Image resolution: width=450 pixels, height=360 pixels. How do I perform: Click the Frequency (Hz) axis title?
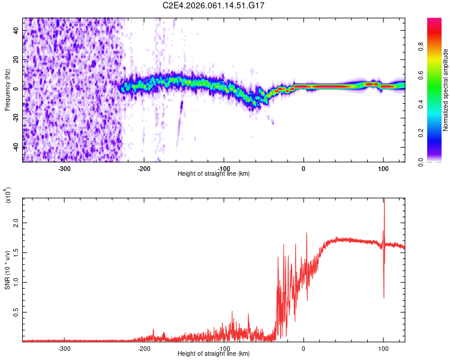tap(7, 90)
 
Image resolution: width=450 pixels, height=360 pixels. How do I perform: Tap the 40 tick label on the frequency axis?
tap(16, 31)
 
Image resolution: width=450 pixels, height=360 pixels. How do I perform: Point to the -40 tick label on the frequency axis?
tap(16, 146)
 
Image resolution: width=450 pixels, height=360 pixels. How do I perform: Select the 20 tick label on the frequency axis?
tap(16, 59)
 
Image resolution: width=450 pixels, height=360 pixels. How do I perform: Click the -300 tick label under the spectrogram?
tap(64, 167)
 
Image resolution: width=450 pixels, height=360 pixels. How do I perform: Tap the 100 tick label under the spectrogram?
tap(383, 167)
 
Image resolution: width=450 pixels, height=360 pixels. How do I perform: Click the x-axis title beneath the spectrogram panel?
tap(214, 174)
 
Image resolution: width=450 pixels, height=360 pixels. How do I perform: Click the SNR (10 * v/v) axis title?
tap(7, 268)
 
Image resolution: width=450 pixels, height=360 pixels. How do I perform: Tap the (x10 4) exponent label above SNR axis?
tap(8, 195)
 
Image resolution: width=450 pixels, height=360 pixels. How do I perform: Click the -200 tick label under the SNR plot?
tap(144, 348)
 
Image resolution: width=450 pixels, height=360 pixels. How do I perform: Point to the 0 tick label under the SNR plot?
tap(304, 348)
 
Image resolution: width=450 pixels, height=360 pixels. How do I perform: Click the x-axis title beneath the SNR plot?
tap(214, 354)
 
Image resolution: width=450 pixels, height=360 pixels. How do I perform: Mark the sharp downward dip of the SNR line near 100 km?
tap(384, 297)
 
